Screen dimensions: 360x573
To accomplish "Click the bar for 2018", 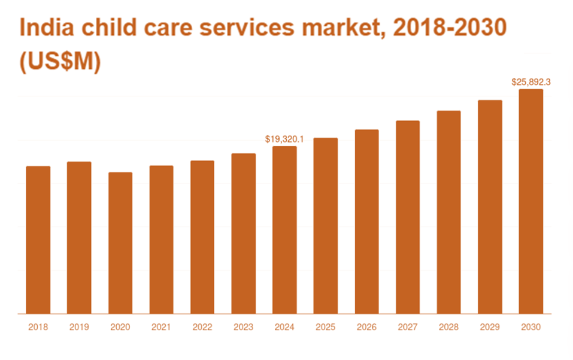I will pyautogui.click(x=38, y=240).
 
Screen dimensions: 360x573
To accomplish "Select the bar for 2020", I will pyautogui.click(x=120, y=243).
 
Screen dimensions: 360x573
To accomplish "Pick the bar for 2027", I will pyautogui.click(x=408, y=217).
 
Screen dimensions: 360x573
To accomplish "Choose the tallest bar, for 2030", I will pyautogui.click(x=531, y=201).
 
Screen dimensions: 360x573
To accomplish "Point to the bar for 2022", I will pyautogui.click(x=202, y=237).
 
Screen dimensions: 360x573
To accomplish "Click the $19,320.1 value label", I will pyautogui.click(x=284, y=139).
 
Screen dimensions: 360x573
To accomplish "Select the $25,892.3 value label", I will pyautogui.click(x=531, y=82).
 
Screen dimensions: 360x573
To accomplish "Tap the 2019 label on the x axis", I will pyautogui.click(x=79, y=327).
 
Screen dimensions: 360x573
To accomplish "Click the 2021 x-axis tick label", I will pyautogui.click(x=161, y=327).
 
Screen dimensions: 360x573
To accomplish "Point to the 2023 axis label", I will pyautogui.click(x=243, y=327).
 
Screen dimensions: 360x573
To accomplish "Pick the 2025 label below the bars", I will pyautogui.click(x=325, y=327).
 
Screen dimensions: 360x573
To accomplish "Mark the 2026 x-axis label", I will pyautogui.click(x=366, y=327).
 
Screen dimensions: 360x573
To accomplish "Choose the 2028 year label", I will pyautogui.click(x=448, y=327).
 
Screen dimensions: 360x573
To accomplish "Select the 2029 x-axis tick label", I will pyautogui.click(x=490, y=327).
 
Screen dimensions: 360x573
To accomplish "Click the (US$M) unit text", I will pyautogui.click(x=59, y=63).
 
